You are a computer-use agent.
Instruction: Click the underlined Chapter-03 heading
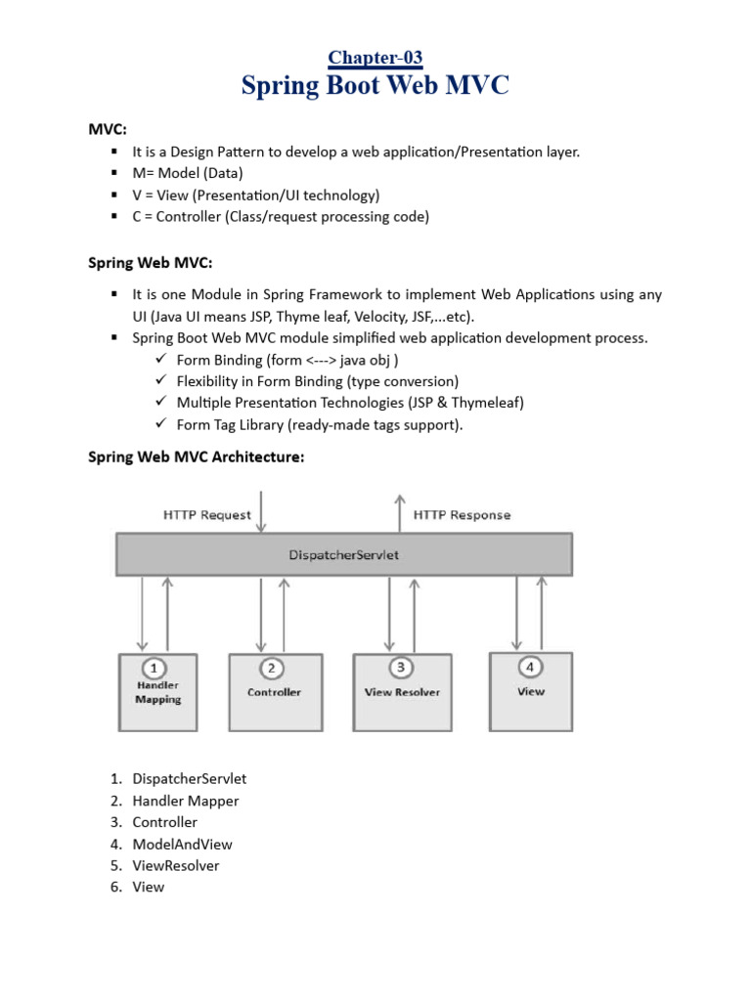pyautogui.click(x=375, y=58)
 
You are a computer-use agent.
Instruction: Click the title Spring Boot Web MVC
pyautogui.click(x=375, y=87)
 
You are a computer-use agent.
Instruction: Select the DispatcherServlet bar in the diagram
pyautogui.click(x=344, y=554)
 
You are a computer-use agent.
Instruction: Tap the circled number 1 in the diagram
pyautogui.click(x=153, y=669)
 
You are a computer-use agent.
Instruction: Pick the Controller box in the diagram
pyautogui.click(x=274, y=692)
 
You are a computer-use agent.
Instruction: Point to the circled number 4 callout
pyautogui.click(x=530, y=668)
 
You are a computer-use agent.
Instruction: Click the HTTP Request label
pyautogui.click(x=206, y=514)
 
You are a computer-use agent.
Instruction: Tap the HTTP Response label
pyautogui.click(x=462, y=514)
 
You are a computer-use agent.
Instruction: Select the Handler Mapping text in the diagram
pyautogui.click(x=157, y=692)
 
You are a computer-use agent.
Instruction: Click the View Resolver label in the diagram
pyautogui.click(x=402, y=692)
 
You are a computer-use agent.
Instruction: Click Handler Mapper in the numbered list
pyautogui.click(x=186, y=801)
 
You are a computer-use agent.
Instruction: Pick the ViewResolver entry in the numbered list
pyautogui.click(x=176, y=865)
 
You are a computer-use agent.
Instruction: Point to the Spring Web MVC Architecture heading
pyautogui.click(x=197, y=457)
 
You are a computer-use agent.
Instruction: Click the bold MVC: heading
pyautogui.click(x=108, y=130)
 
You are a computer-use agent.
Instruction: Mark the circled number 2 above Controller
pyautogui.click(x=272, y=669)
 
